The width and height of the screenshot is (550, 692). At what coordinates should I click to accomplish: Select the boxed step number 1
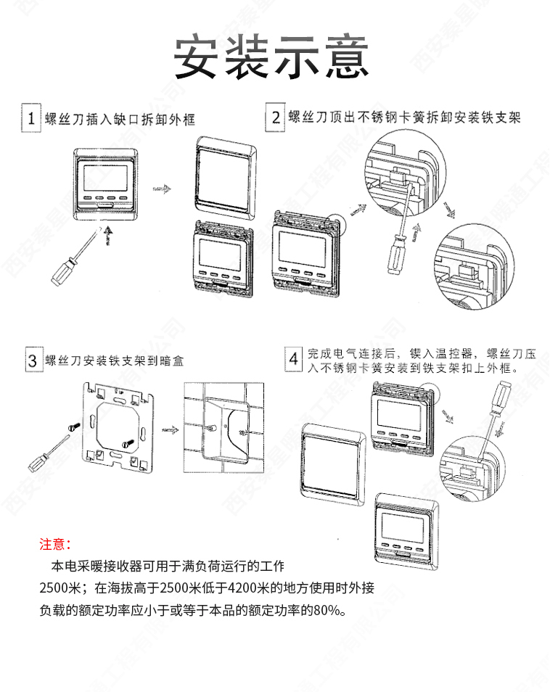click(x=30, y=118)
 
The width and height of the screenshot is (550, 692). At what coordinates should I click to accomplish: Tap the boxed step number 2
click(x=275, y=117)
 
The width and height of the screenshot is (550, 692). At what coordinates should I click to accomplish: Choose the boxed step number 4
click(x=293, y=359)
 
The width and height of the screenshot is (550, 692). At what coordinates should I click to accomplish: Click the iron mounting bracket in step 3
click(x=118, y=427)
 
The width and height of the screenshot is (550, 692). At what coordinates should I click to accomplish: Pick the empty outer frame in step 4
click(x=334, y=462)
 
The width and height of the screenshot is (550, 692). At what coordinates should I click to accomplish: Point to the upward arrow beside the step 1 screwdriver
click(x=108, y=234)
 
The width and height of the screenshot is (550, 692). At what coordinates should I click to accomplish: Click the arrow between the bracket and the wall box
click(x=169, y=428)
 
